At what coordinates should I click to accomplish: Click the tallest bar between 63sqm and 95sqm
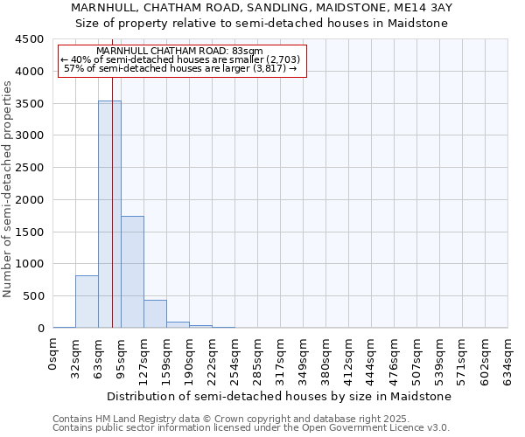(108, 214)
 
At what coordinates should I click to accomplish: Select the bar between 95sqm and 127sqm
(132, 272)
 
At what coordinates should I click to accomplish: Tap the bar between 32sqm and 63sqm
(87, 302)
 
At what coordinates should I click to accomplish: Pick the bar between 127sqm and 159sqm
(155, 314)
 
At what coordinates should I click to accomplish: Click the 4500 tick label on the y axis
(29, 39)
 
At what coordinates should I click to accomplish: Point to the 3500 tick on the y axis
(29, 103)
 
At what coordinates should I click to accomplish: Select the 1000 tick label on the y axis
(29, 264)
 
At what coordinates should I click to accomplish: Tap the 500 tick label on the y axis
(32, 296)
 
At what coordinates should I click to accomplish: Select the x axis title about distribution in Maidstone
(280, 396)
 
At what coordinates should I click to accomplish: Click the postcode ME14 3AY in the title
(426, 7)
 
